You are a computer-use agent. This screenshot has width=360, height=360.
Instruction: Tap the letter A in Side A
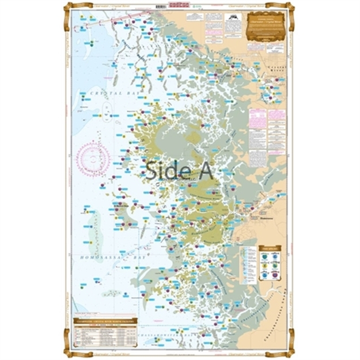click(204, 170)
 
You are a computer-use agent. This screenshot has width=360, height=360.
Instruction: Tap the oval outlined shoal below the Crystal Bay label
click(107, 109)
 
